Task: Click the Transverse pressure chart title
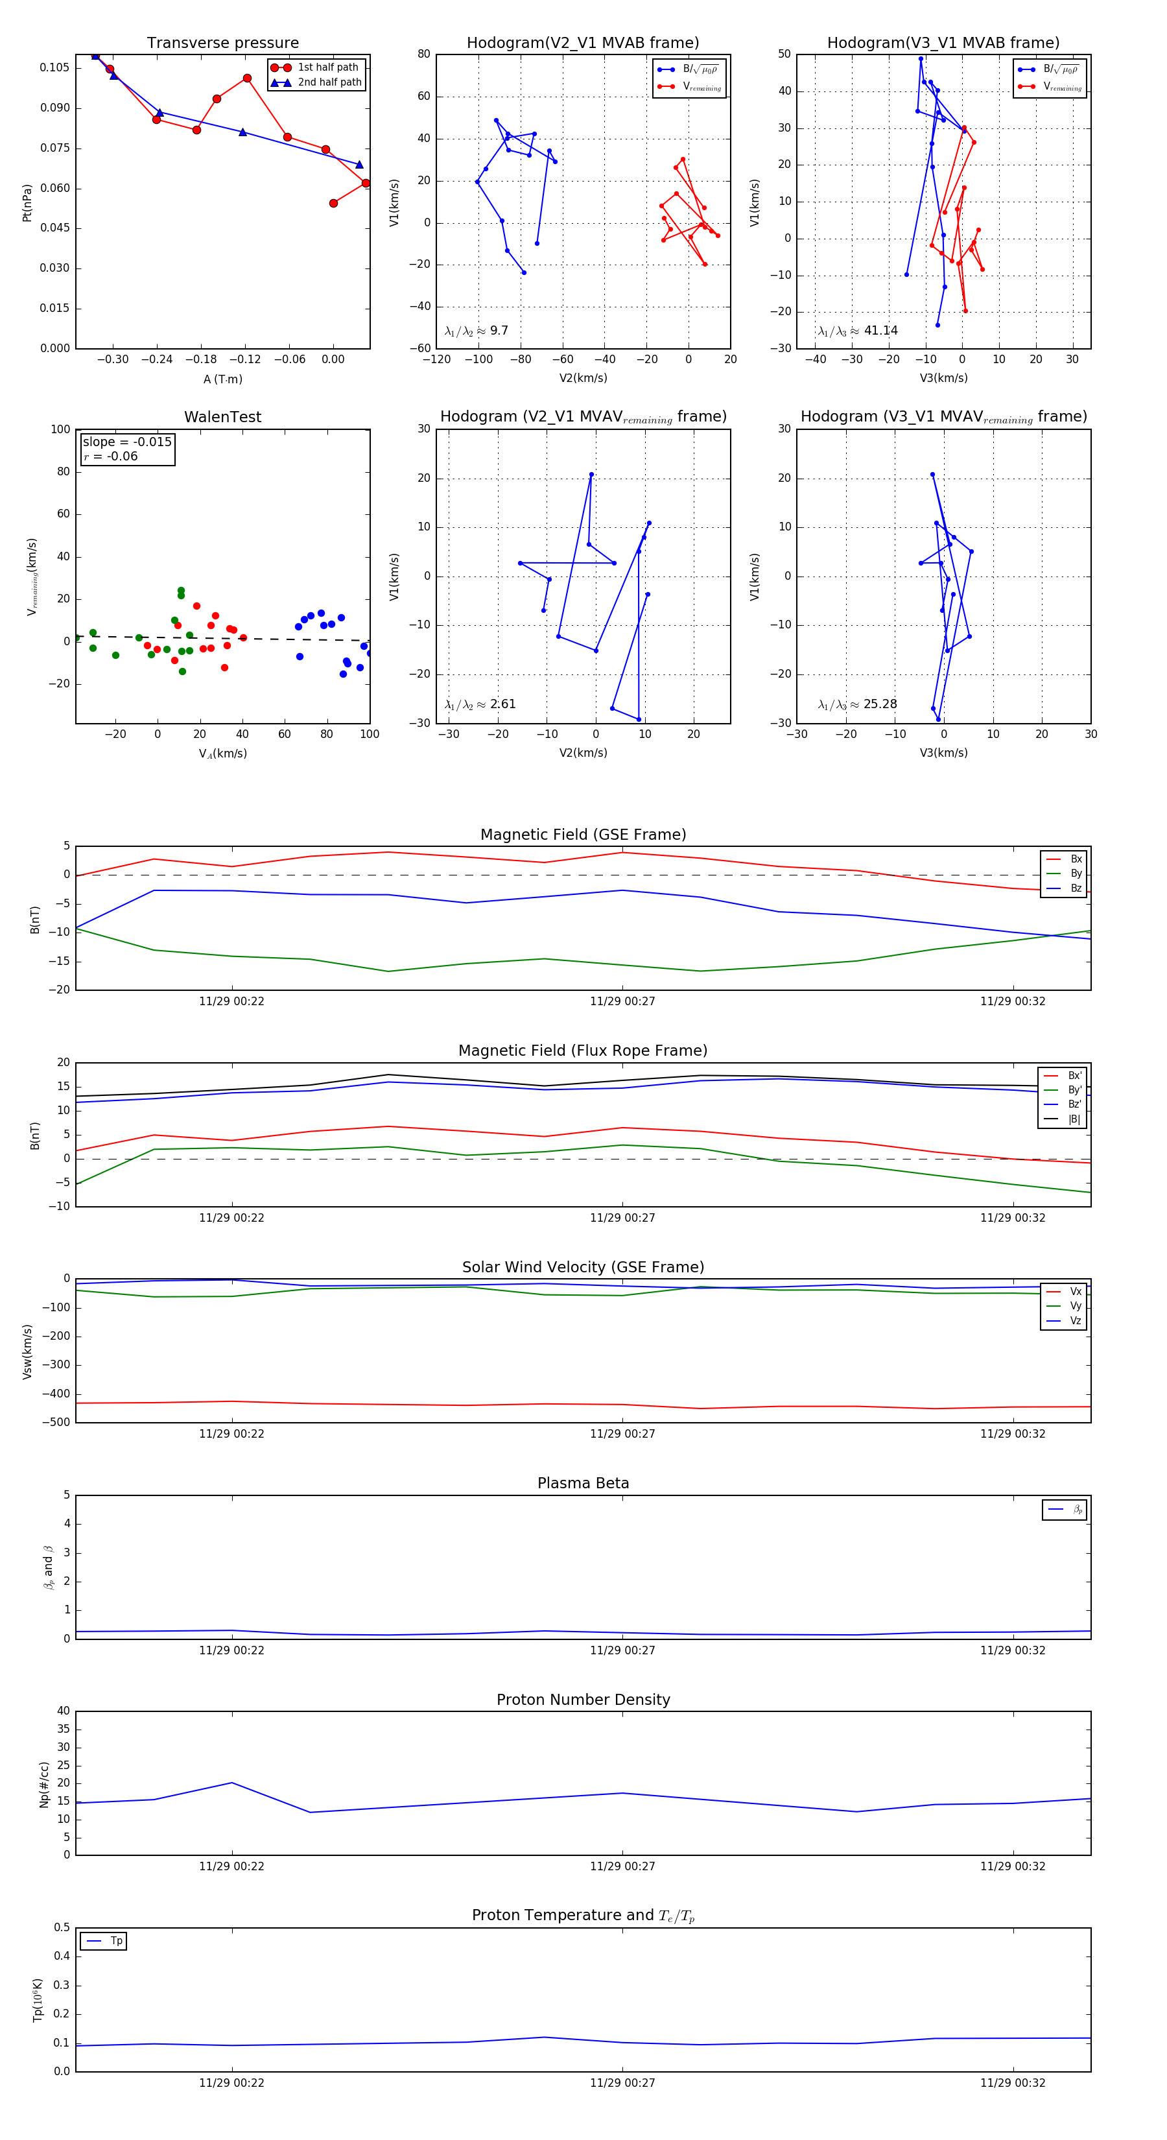222,43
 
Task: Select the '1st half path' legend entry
327,67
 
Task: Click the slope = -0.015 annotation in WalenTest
127,442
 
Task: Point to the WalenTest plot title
222,417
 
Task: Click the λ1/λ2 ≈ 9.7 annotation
476,331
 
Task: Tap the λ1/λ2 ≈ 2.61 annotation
480,704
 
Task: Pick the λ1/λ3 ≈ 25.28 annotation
857,704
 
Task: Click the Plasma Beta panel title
583,1483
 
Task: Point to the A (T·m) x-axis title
222,379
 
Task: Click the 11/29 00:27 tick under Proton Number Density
622,1866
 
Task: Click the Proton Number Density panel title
583,1700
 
